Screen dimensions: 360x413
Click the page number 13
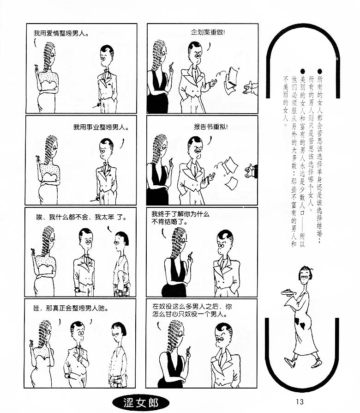[300, 401]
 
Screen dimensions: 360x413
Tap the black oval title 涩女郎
[141, 403]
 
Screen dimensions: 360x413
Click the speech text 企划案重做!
[208, 32]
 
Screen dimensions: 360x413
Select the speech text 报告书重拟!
[211, 127]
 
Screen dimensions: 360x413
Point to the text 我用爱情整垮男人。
[61, 33]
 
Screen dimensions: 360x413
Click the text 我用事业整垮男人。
[101, 127]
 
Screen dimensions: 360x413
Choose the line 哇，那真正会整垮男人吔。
[71, 308]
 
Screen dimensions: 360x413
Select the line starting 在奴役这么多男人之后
[192, 307]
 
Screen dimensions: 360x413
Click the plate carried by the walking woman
[288, 292]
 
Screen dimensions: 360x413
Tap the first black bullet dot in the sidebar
[320, 71]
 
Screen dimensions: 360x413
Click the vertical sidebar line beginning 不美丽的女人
[286, 102]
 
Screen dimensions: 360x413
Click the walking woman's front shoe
[290, 362]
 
